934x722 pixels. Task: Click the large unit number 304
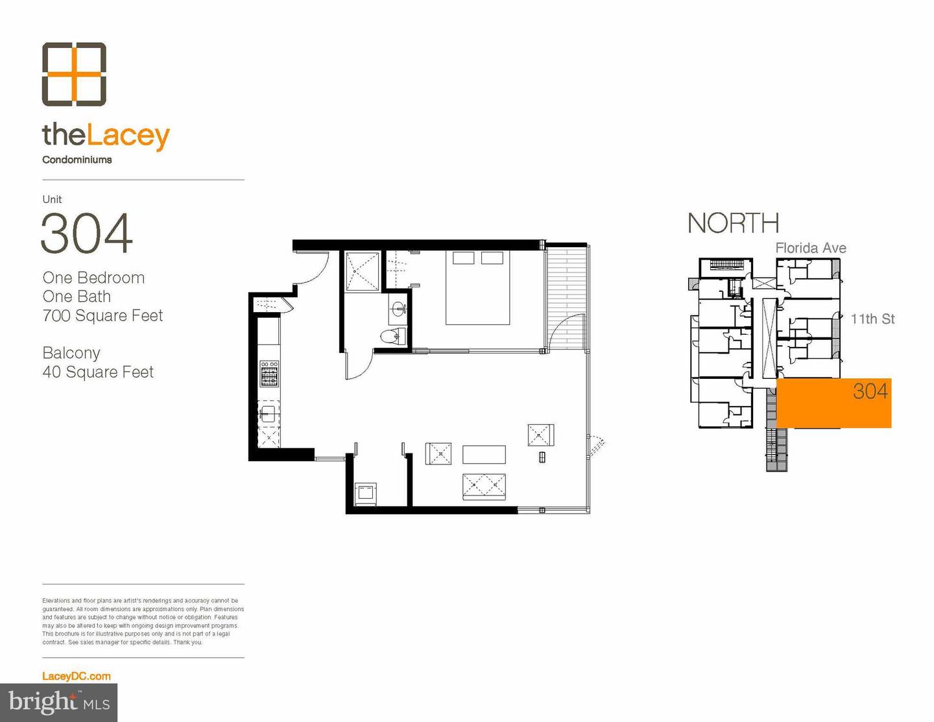87,234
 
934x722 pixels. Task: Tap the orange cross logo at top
74,74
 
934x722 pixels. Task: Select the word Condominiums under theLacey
77,160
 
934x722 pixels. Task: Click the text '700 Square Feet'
102,316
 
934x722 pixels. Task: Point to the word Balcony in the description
71,354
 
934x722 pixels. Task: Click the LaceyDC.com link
77,676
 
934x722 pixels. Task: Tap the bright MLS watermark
59,703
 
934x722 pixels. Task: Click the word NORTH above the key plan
734,223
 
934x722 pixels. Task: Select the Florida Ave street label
811,248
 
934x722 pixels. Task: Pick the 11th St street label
872,319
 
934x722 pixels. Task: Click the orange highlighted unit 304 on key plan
833,403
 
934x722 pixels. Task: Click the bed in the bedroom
477,287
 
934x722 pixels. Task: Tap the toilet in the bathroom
393,335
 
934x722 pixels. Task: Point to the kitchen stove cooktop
269,373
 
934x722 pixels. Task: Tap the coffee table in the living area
484,454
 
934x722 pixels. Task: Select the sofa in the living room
484,487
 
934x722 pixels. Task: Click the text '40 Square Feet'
98,372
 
